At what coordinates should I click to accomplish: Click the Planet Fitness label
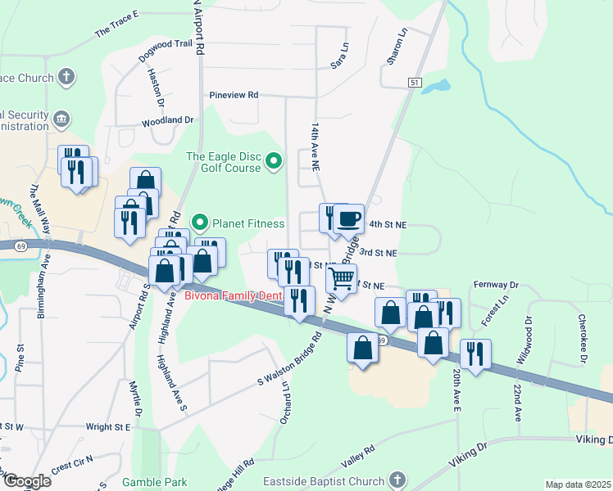click(248, 223)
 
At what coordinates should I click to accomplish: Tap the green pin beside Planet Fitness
click(198, 223)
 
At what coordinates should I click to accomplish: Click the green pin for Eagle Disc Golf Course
click(274, 162)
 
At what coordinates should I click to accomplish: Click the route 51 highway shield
click(415, 83)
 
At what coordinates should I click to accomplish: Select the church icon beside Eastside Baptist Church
click(397, 480)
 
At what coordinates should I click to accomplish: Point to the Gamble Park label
click(156, 482)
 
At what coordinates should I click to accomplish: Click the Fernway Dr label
click(497, 285)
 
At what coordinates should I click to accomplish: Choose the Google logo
click(26, 481)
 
